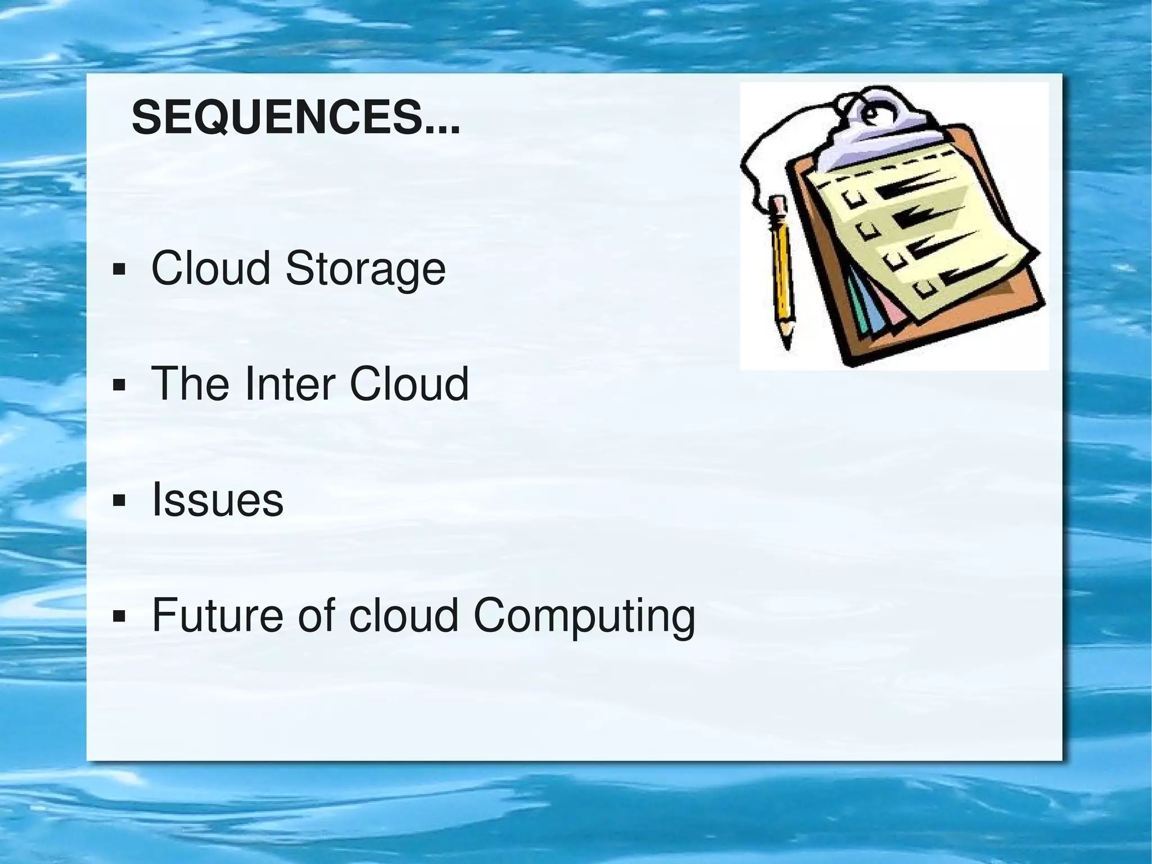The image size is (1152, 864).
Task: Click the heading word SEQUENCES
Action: click(295, 118)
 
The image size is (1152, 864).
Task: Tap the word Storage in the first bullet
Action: click(366, 269)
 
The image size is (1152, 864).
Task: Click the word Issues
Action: click(218, 500)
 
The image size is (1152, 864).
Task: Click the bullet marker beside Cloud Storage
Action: click(119, 270)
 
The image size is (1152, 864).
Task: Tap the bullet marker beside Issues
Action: click(119, 500)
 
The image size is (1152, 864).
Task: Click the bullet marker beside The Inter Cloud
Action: click(119, 385)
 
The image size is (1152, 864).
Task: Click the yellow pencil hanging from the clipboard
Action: click(782, 270)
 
